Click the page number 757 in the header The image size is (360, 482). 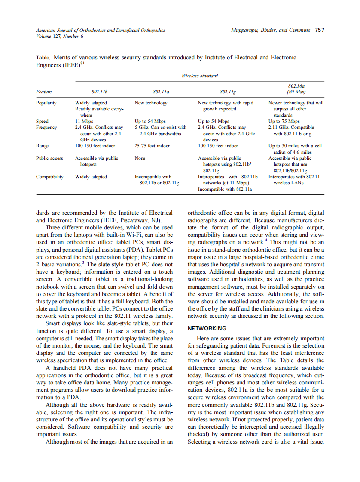click(319, 30)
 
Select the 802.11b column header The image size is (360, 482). click(99, 92)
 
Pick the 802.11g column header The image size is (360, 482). click(228, 92)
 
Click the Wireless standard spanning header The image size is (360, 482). click(199, 76)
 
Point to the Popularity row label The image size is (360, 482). click(46, 103)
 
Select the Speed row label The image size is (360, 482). click(42, 122)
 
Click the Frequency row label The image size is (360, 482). click(46, 128)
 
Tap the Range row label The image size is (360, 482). click(42, 146)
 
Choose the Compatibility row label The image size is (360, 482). click(49, 177)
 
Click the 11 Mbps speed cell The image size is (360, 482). click(84, 122)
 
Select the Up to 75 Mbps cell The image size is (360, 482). click(284, 122)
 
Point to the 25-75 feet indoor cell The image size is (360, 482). click(152, 146)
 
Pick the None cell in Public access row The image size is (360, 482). click(140, 159)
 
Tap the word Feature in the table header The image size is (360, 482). click(44, 92)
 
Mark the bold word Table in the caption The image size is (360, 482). click(43, 58)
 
